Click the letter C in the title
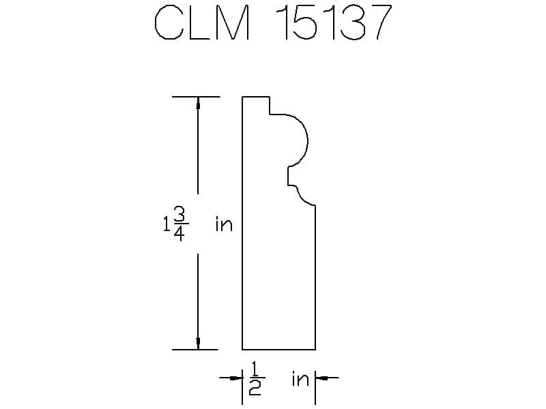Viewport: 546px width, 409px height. click(x=169, y=22)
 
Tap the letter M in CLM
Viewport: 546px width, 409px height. click(x=233, y=22)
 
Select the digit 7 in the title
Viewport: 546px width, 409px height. click(x=379, y=22)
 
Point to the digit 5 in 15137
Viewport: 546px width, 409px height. click(x=304, y=22)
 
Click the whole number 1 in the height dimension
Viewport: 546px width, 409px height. click(x=167, y=224)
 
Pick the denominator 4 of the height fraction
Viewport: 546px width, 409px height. click(x=179, y=233)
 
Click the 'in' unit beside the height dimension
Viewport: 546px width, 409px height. click(x=224, y=224)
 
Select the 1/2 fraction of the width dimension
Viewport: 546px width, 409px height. click(x=255, y=379)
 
